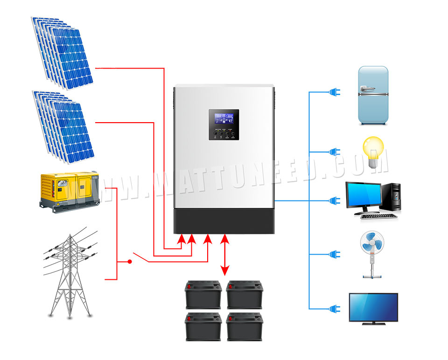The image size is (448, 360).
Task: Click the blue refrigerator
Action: tap(373, 96)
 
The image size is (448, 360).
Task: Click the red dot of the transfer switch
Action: tap(130, 262)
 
